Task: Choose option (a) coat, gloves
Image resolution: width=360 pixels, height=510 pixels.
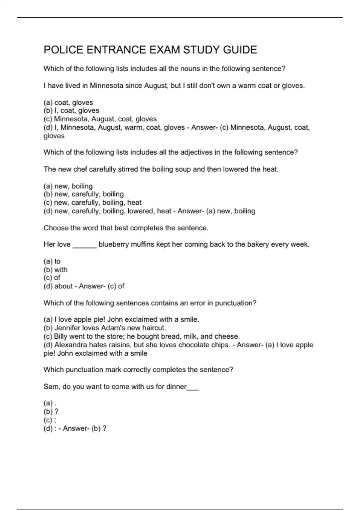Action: click(68, 103)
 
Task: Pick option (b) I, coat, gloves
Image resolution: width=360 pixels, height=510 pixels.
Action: click(71, 111)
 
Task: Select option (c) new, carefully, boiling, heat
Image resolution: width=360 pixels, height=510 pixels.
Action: click(92, 202)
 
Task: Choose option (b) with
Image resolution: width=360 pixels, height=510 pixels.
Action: click(55, 270)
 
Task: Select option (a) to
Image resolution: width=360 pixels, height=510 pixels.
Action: click(52, 261)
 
